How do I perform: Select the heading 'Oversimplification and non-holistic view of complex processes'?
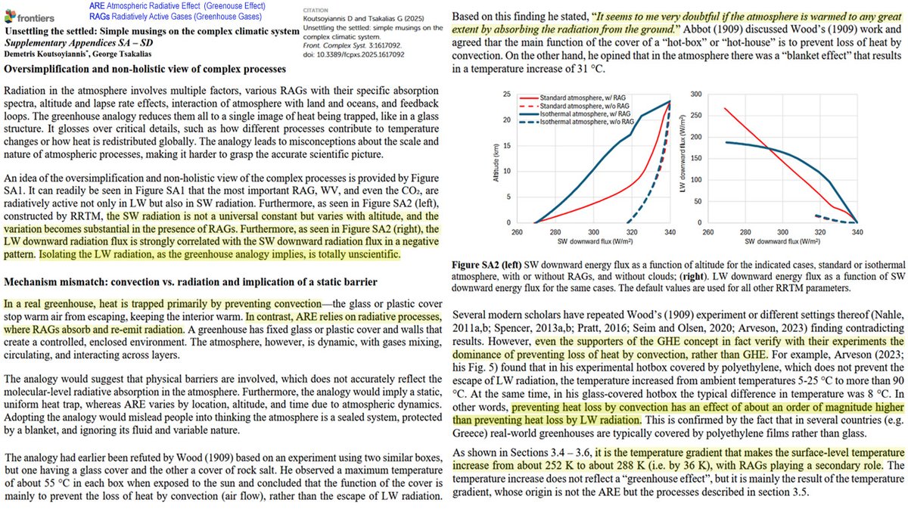pyautogui.click(x=151, y=70)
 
